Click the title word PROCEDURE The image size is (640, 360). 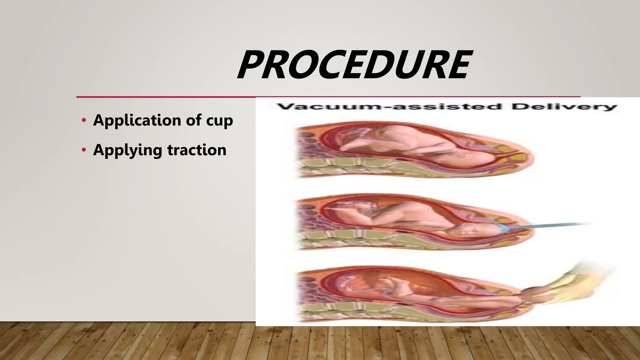[x=353, y=65]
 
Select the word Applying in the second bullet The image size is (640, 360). [x=127, y=150]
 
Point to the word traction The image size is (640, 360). [x=197, y=150]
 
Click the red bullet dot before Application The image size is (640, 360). [x=83, y=121]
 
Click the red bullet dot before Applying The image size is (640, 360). [x=83, y=150]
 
